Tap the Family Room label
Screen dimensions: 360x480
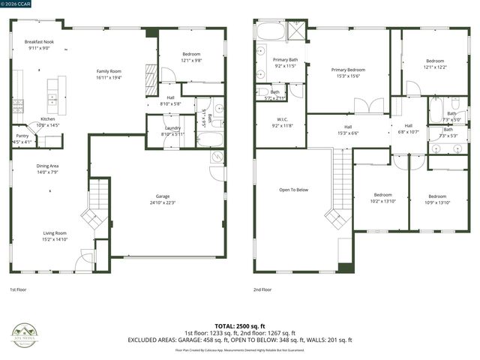click(109, 72)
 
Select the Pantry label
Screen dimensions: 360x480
click(22, 136)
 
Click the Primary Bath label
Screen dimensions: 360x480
click(285, 60)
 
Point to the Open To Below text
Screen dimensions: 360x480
click(294, 190)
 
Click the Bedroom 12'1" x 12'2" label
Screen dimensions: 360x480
click(436, 61)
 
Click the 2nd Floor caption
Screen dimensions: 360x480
click(262, 289)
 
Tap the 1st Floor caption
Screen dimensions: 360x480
click(18, 289)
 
